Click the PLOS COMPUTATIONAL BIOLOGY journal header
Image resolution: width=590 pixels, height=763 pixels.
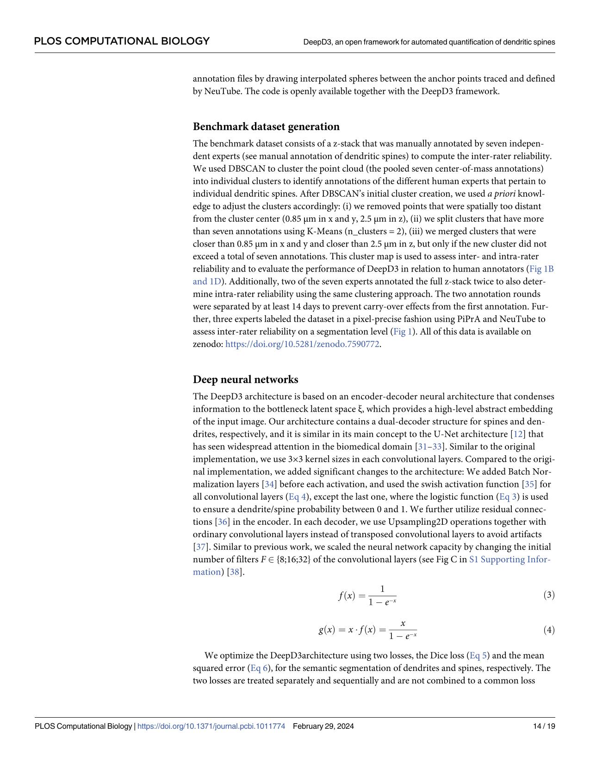pos(122,41)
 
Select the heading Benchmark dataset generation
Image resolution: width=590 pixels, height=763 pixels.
pos(266,127)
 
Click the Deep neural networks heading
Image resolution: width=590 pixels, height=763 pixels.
pos(245,379)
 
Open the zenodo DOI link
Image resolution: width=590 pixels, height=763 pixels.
pos(302,344)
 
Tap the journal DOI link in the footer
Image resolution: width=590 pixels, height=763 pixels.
pos(211,726)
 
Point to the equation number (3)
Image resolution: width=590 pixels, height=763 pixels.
pos(549,595)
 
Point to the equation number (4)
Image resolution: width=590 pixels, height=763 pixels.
pos(549,630)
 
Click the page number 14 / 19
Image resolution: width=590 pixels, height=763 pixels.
pos(544,726)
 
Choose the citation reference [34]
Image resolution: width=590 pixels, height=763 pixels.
pos(269,484)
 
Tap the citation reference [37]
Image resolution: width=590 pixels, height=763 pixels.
pos(200,546)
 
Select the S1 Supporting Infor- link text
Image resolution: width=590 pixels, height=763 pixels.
pos(510,559)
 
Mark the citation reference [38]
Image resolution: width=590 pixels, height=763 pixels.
pos(235,572)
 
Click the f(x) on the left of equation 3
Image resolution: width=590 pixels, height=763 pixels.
pos(346,595)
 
